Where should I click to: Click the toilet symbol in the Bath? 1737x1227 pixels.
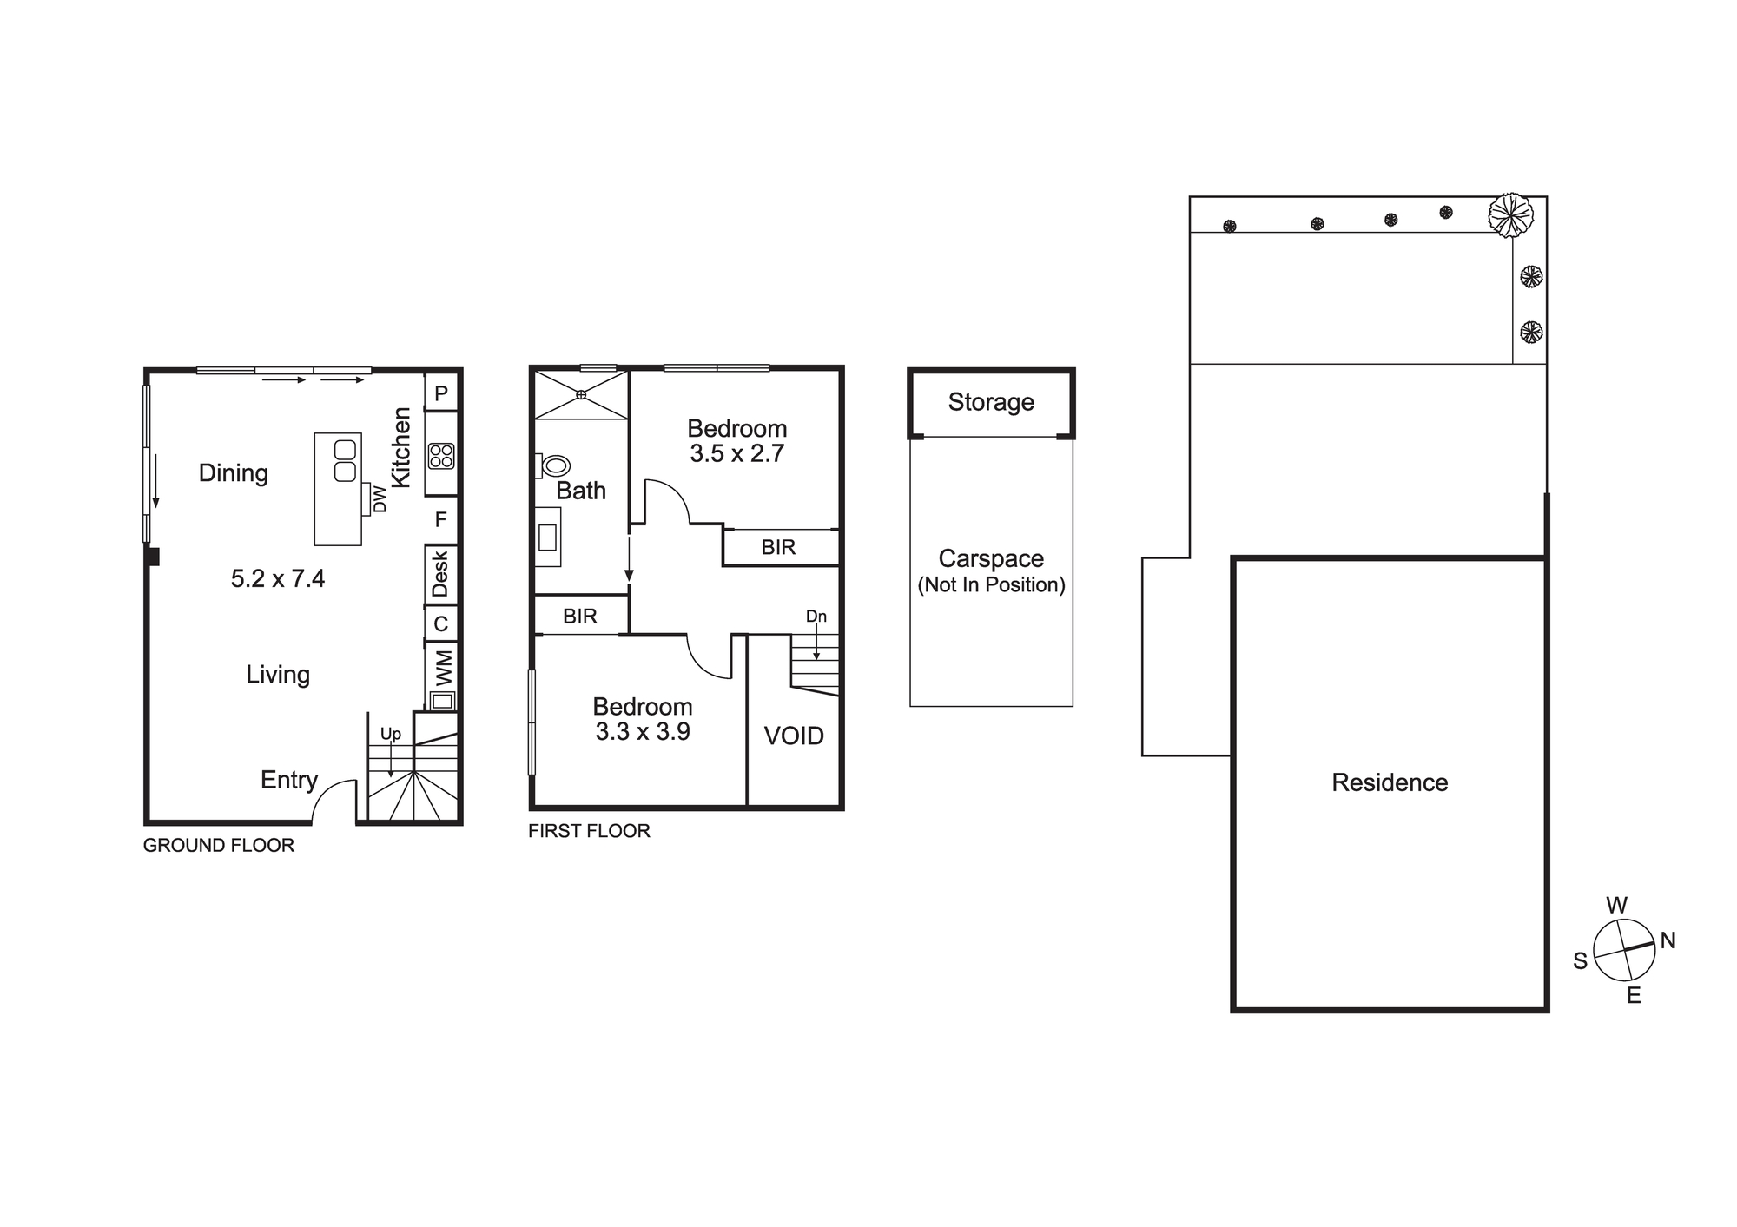tap(552, 465)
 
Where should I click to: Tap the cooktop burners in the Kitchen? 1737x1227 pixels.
tap(441, 456)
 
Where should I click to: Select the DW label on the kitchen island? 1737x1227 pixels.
tap(380, 499)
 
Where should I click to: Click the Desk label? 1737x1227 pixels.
tap(440, 574)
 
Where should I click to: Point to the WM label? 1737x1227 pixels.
tap(443, 667)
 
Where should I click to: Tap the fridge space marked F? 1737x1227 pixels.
tap(441, 519)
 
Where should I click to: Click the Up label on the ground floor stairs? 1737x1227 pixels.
tap(391, 735)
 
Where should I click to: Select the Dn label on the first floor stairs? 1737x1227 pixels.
tap(816, 617)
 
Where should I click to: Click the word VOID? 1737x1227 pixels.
tap(794, 736)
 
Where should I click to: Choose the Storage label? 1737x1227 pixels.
tap(991, 402)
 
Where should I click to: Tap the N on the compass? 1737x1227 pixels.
tap(1668, 940)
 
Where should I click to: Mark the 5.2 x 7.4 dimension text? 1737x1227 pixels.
tap(278, 578)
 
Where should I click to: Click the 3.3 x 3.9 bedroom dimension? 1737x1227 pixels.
tap(643, 732)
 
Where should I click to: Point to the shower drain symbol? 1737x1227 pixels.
tap(581, 395)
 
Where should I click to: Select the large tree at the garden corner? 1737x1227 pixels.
tap(1511, 214)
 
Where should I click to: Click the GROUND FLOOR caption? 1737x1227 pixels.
tap(219, 846)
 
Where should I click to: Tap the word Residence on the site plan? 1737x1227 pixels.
tap(1390, 783)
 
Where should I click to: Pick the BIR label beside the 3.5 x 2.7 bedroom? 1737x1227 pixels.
tap(778, 547)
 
